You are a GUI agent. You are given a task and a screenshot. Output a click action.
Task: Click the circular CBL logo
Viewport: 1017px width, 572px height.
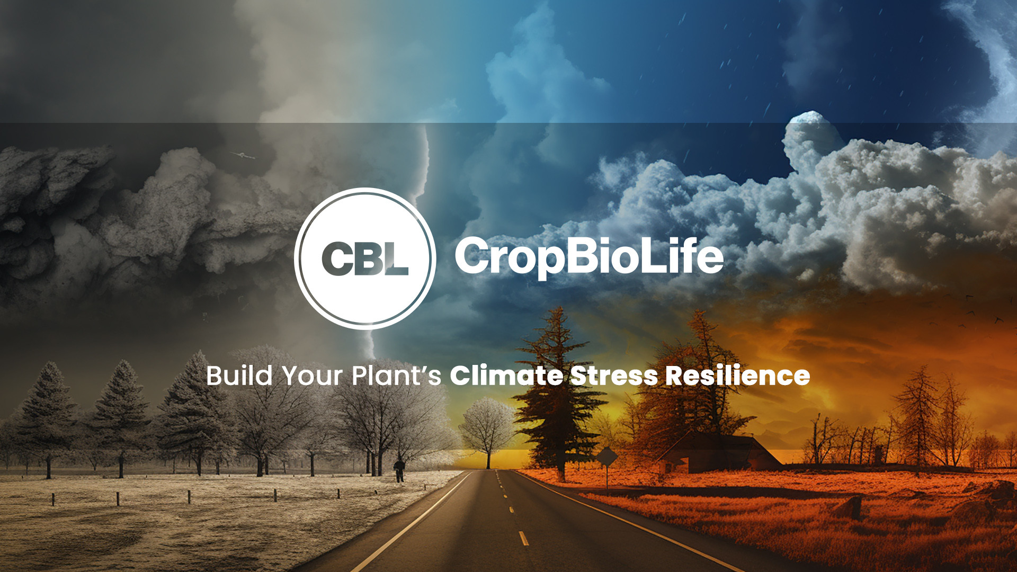365,258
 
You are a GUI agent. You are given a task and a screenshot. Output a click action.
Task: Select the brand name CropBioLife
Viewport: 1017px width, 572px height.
588,256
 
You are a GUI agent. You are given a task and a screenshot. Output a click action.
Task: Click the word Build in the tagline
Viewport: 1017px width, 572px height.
239,376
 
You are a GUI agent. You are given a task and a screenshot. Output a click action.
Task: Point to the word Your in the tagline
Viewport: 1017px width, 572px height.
312,376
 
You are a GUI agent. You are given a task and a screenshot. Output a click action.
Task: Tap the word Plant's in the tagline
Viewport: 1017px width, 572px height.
396,376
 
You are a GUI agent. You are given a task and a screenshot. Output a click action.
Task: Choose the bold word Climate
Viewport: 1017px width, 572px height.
506,376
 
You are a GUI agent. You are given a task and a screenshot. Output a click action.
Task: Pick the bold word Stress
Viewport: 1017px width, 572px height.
614,376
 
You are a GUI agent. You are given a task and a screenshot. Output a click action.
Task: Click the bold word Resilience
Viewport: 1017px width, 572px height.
737,376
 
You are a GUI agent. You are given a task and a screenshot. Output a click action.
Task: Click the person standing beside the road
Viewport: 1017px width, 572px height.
399,470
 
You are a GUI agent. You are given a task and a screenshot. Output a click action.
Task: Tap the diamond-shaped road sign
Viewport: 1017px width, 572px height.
607,455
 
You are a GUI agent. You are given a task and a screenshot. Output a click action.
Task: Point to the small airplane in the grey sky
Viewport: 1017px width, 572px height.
243,155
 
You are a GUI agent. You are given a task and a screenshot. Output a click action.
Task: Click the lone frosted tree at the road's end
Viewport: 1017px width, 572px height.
487,429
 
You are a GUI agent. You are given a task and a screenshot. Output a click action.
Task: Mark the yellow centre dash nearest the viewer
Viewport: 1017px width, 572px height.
523,538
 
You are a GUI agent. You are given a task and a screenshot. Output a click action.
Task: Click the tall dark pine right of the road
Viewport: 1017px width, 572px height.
556,392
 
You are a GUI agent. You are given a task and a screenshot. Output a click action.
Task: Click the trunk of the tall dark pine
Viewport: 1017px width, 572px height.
560,466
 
